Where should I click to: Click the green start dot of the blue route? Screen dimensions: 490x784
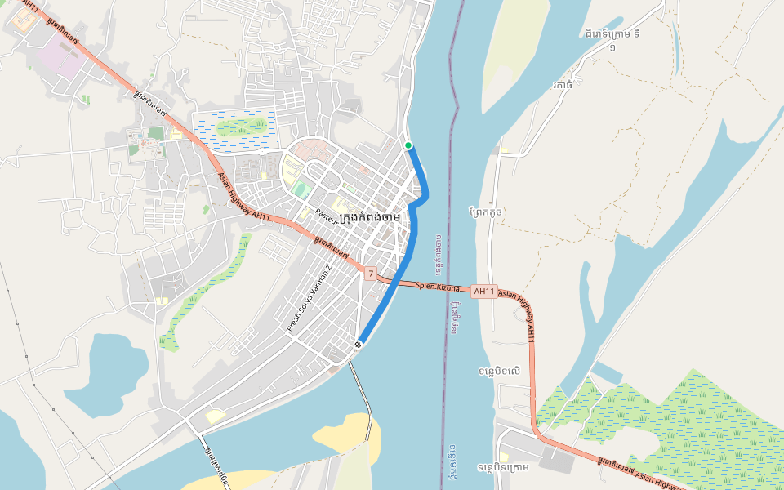pos(408,145)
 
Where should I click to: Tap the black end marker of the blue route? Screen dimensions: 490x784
pos(359,345)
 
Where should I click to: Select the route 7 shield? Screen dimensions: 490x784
pos(371,274)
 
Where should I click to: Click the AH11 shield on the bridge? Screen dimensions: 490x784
pos(484,291)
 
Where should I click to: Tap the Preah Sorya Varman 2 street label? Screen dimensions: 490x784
pos(310,298)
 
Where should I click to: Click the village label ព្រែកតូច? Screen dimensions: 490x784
pos(487,212)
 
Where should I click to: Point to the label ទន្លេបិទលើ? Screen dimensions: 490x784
pos(500,372)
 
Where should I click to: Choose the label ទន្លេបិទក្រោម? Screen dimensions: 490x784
pos(503,467)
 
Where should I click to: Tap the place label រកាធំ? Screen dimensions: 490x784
pos(562,84)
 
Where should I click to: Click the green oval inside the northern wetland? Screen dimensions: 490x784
pos(241,127)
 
